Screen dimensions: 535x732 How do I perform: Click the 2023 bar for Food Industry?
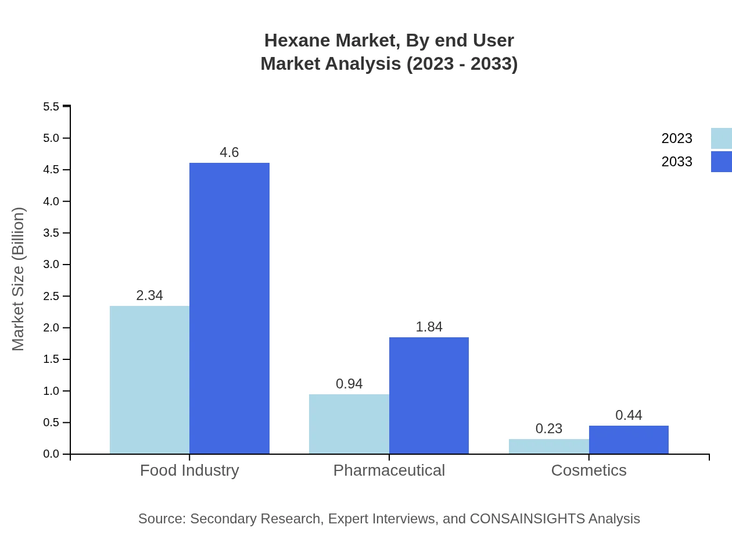tap(149, 380)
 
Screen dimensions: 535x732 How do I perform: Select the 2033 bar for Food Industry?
tap(229, 308)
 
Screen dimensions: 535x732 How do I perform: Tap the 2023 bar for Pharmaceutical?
tap(349, 424)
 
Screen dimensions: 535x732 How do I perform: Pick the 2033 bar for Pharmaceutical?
tap(429, 395)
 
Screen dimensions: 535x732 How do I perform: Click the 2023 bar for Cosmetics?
tap(549, 446)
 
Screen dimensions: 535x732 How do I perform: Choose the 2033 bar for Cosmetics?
tap(629, 440)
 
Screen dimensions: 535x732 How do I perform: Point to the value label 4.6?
tap(229, 152)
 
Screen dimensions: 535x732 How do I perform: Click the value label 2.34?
tap(149, 295)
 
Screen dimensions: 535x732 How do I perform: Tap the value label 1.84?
tap(429, 327)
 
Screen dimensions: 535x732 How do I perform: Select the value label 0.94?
tap(349, 384)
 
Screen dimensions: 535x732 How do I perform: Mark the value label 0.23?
tap(549, 429)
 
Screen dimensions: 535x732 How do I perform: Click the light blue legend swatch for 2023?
tap(721, 138)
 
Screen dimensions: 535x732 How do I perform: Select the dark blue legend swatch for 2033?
tap(721, 162)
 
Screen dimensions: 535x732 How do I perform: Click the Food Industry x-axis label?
tap(189, 470)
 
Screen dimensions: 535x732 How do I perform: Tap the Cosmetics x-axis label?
tap(589, 470)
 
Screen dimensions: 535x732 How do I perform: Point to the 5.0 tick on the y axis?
tap(51, 138)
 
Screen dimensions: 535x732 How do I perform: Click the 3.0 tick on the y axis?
tap(51, 265)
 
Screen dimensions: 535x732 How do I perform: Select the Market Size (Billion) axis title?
tap(18, 279)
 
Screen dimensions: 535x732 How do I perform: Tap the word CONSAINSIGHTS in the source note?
tap(526, 518)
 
